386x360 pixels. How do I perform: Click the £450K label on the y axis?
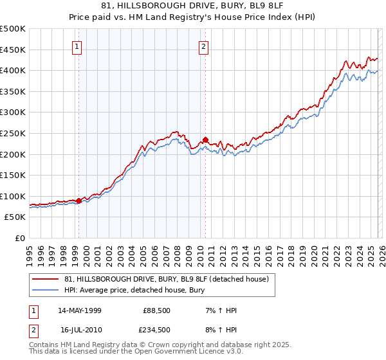(13, 50)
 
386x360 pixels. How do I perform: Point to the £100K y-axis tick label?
(13, 196)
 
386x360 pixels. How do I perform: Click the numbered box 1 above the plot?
(77, 46)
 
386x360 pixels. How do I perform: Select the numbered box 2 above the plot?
(203, 46)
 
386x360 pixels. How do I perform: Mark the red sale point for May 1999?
(78, 201)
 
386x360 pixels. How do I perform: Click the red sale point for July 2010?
(205, 139)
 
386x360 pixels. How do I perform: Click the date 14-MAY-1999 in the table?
(80, 310)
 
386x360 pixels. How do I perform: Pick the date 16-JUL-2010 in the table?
(80, 329)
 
